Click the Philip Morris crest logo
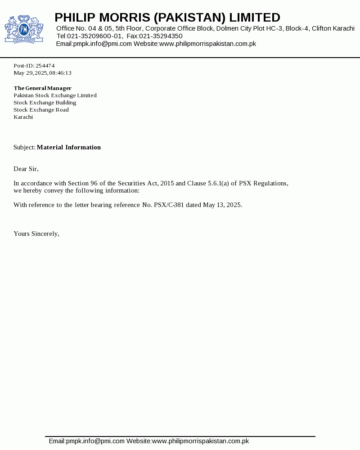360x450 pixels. (24, 29)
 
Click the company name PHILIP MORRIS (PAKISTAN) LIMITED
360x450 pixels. (167, 18)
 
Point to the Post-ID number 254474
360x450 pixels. (45, 66)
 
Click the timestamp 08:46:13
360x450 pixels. (60, 73)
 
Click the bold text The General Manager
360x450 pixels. (42, 88)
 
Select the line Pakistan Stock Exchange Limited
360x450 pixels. (55, 95)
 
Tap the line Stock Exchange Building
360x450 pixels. (45, 103)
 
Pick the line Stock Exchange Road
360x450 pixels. (41, 110)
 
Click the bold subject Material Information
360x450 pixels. (69, 147)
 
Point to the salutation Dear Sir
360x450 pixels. (26, 169)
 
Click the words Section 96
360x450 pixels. (80, 183)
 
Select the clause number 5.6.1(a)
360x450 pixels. (218, 183)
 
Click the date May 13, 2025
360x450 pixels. (222, 205)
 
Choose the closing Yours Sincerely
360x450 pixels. (36, 234)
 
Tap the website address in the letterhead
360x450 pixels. (207, 44)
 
